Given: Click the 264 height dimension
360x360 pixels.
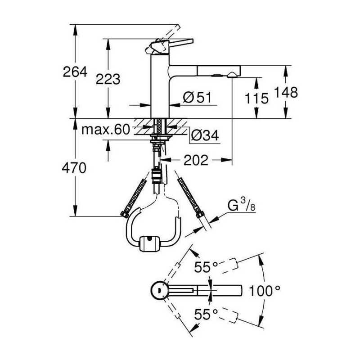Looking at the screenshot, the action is pos(75,72).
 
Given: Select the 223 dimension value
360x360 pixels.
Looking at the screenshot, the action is pos(108,79).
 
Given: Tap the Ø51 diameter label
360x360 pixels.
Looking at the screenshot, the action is pos(197,97).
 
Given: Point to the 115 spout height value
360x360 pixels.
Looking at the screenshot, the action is pos(256,99).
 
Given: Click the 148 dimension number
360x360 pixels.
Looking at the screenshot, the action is pos(286,92).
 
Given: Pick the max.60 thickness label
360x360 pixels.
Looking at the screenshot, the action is pos(106,130).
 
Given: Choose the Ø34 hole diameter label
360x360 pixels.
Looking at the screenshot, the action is pos(205,135).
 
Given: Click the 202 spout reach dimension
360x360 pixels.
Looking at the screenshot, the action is pos(196,160).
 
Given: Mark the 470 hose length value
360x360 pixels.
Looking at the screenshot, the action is pos(74,168).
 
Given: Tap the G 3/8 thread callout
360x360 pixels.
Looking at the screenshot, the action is pos(241,205).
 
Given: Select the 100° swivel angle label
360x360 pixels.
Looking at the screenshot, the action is pos(265,291).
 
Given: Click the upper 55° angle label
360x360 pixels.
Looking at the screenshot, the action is pos(206,267).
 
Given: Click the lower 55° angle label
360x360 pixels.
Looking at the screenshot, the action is pos(206,314).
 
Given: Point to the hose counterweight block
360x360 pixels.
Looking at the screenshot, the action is pos(149,243).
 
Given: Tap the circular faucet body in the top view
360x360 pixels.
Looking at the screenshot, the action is pos(158,290).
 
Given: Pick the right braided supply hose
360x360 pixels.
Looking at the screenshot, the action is pos(190,198).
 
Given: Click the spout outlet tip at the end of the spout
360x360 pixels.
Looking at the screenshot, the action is pos(233,75).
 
